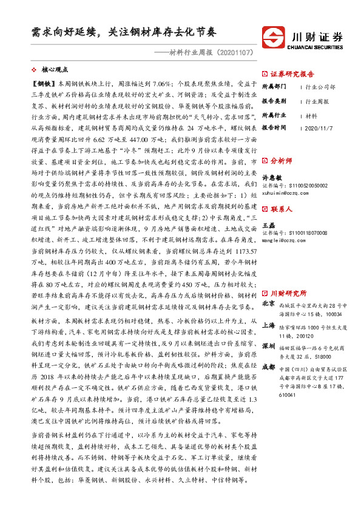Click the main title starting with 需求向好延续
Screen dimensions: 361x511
[124, 32]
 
